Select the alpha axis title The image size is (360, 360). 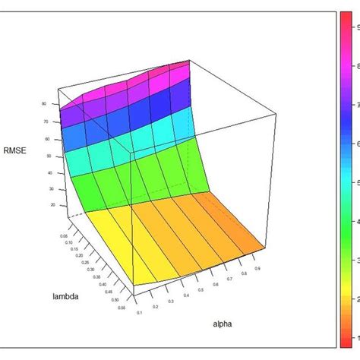[223, 324]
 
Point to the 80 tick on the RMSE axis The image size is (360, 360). [45, 104]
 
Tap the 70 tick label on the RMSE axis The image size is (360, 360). [46, 121]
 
